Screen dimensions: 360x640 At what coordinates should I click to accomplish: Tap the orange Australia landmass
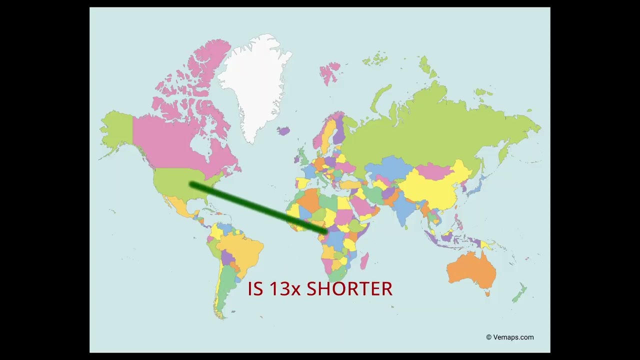[x=470, y=270]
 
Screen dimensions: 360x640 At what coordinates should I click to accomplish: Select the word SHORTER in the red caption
[x=349, y=289]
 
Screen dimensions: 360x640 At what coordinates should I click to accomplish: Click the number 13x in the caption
[x=281, y=289]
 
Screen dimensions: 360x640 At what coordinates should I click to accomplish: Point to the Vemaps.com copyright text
[x=510, y=337]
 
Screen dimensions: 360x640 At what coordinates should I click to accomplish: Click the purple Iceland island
[x=283, y=131]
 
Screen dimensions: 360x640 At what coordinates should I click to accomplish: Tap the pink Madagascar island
[x=364, y=260]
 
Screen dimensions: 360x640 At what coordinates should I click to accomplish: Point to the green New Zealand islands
[x=519, y=294]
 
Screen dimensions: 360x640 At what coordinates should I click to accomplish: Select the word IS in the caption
[x=255, y=289]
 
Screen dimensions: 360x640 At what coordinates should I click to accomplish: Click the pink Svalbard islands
[x=330, y=70]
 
